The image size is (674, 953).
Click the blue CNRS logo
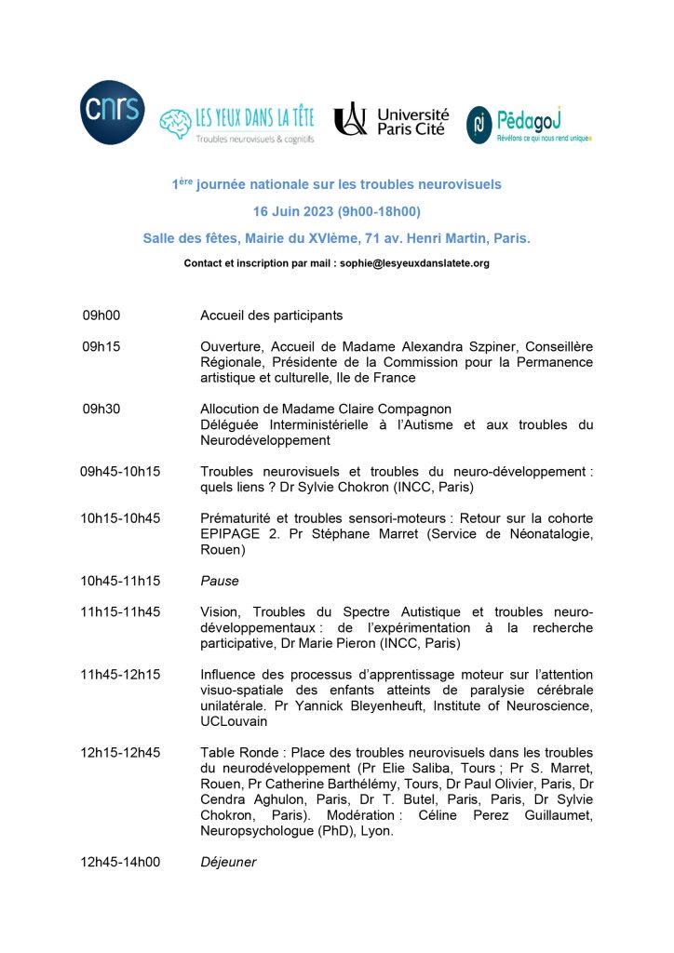(112, 113)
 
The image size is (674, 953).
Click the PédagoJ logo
(529, 124)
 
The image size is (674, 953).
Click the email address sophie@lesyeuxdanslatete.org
(416, 263)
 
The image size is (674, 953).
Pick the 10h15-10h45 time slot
(121, 518)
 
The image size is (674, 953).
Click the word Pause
(220, 581)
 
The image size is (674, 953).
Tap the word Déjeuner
(228, 863)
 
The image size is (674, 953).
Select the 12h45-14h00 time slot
(121, 863)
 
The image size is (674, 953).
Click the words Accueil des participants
(272, 315)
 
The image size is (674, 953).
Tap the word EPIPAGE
(230, 534)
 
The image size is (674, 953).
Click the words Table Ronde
(235, 753)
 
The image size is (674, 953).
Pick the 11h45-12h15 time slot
(121, 675)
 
